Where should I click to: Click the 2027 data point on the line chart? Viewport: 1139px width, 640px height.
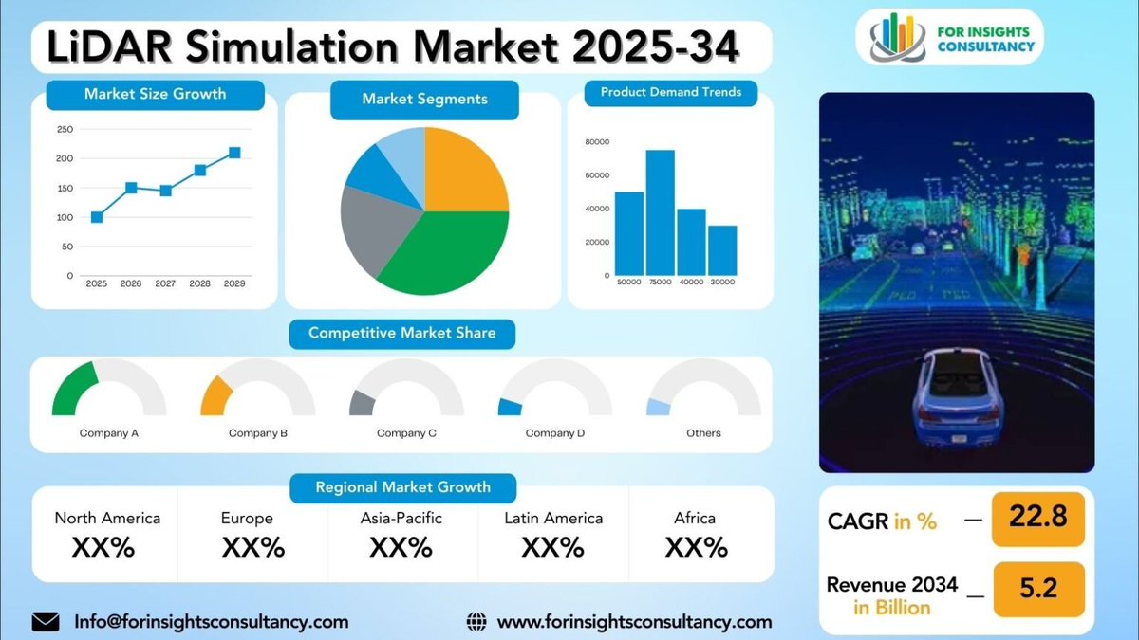point(166,191)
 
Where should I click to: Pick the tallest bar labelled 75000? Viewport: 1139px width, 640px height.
point(661,212)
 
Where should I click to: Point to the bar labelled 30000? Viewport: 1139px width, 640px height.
point(722,250)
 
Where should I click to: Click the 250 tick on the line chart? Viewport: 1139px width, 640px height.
point(65,129)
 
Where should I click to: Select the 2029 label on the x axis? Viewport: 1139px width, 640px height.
point(233,283)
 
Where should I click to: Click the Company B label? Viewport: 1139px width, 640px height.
point(258,433)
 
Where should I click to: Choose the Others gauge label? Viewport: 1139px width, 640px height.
point(703,433)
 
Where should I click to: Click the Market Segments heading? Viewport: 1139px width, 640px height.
point(424,99)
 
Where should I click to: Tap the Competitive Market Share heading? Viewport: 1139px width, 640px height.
point(401,333)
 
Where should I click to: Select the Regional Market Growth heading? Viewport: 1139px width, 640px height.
point(402,487)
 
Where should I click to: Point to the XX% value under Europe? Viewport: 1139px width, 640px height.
point(253,547)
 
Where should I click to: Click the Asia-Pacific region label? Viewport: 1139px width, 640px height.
point(401,518)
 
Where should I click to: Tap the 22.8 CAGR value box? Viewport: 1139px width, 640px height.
point(1037,518)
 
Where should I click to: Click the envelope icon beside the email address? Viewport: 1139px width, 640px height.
point(46,622)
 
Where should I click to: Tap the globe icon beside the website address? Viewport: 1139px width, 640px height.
point(476,622)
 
